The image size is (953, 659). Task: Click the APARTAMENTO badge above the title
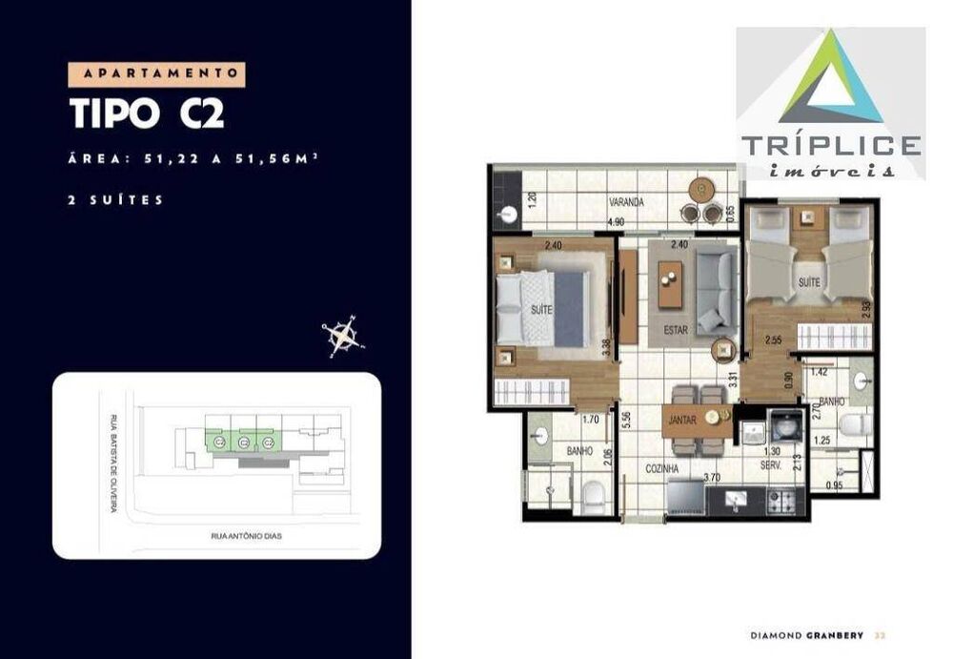[157, 74]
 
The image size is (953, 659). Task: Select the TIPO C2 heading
[148, 113]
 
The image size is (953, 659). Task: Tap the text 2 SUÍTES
[116, 200]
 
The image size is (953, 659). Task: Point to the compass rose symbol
[342, 335]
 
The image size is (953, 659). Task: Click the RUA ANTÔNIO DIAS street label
[246, 536]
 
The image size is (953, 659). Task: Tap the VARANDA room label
[628, 202]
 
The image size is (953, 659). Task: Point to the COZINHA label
[659, 469]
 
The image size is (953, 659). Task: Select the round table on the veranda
[704, 188]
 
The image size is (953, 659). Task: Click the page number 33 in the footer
[881, 637]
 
